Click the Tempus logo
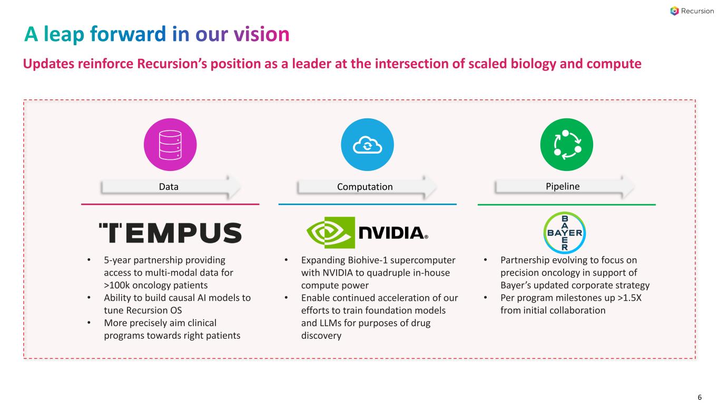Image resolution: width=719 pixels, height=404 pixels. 170,233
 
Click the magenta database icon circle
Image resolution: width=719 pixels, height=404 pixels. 170,145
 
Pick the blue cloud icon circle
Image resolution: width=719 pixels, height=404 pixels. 368,145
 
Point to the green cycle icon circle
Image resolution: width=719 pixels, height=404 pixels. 566,145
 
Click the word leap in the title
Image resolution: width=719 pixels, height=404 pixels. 63,35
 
